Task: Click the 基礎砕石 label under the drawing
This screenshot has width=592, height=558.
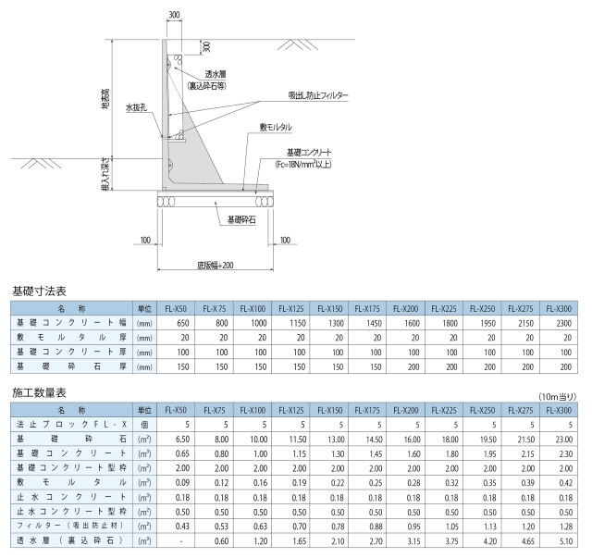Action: pyautogui.click(x=241, y=219)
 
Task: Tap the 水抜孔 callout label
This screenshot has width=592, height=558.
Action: pyautogui.click(x=136, y=108)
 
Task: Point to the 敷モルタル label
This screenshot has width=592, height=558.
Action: pyautogui.click(x=276, y=128)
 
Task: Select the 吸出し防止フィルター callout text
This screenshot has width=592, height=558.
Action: pyautogui.click(x=318, y=95)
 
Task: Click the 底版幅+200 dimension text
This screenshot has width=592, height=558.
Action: pyautogui.click(x=216, y=266)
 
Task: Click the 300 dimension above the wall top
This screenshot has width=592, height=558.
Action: pyautogui.click(x=174, y=15)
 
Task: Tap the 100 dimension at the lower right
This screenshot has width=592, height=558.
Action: pyautogui.click(x=285, y=240)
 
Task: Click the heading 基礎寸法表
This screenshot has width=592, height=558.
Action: pyautogui.click(x=39, y=291)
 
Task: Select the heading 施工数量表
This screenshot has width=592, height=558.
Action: pyautogui.click(x=39, y=393)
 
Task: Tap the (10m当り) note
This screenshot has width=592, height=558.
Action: pyautogui.click(x=558, y=396)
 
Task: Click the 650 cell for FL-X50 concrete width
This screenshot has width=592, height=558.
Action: pyautogui.click(x=183, y=323)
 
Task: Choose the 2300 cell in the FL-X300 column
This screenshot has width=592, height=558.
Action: pyautogui.click(x=564, y=323)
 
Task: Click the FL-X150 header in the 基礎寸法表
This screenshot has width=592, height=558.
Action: pyautogui.click(x=329, y=309)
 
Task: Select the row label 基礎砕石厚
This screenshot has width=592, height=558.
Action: pyautogui.click(x=71, y=366)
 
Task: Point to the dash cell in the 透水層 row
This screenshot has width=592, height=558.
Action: pyautogui.click(x=181, y=541)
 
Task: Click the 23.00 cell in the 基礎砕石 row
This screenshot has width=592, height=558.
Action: pyautogui.click(x=564, y=440)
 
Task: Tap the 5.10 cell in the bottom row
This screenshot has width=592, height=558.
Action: pyautogui.click(x=566, y=541)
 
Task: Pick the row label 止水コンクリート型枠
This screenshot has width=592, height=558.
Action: pyautogui.click(x=71, y=512)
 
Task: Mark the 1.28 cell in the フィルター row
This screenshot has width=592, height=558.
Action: pyautogui.click(x=566, y=527)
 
